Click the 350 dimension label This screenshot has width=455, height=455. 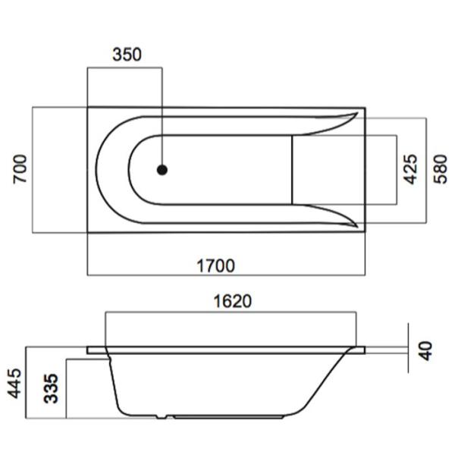(127, 55)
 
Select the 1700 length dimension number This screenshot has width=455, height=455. (216, 265)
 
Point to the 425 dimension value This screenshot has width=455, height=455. (410, 170)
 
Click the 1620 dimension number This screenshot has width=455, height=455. (231, 300)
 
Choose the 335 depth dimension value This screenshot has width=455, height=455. (53, 388)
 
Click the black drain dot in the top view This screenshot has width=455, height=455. (162, 170)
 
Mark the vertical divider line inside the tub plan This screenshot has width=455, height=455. (293, 170)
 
